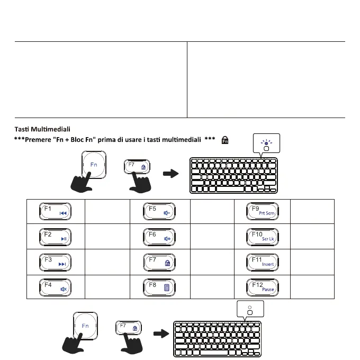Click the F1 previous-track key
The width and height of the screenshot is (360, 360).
tap(55, 211)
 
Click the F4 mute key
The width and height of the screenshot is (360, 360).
tap(55, 286)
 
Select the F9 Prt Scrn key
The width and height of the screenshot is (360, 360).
tap(263, 211)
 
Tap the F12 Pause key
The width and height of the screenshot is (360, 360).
tap(263, 286)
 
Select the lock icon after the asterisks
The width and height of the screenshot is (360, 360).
tap(225, 140)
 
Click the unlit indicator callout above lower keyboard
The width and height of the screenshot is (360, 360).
tap(250, 310)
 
